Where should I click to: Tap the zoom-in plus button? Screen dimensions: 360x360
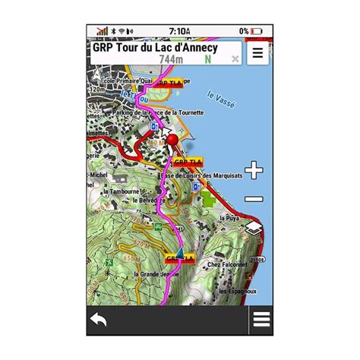[x=254, y=170]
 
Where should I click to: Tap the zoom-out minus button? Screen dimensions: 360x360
[x=254, y=199]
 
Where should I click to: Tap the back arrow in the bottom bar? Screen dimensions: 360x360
[x=99, y=320]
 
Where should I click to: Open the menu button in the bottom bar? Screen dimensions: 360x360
[x=261, y=320]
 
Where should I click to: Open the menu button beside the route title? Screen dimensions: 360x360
[x=258, y=53]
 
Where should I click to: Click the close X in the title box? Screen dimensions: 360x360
[x=235, y=58]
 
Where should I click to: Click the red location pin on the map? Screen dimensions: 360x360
[x=172, y=141]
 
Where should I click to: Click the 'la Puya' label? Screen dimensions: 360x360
[x=229, y=218]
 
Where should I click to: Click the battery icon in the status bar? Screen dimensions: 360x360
[x=256, y=31]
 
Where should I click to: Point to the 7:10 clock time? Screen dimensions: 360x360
[x=179, y=31]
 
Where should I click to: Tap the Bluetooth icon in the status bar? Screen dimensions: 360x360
[x=112, y=31]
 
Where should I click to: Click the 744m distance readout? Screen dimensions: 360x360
[x=171, y=59]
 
